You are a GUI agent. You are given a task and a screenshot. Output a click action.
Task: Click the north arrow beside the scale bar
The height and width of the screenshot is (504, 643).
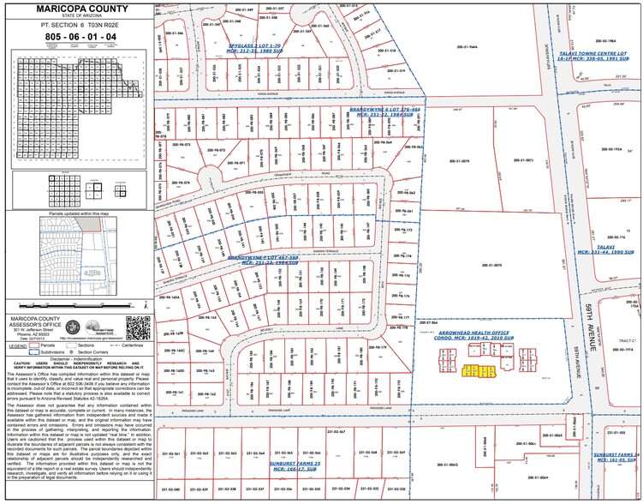(147, 303)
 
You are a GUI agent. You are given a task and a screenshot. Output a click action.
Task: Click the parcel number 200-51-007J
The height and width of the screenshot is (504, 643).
(523, 160)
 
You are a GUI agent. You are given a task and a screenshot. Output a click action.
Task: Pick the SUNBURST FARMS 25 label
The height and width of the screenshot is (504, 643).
(295, 464)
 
